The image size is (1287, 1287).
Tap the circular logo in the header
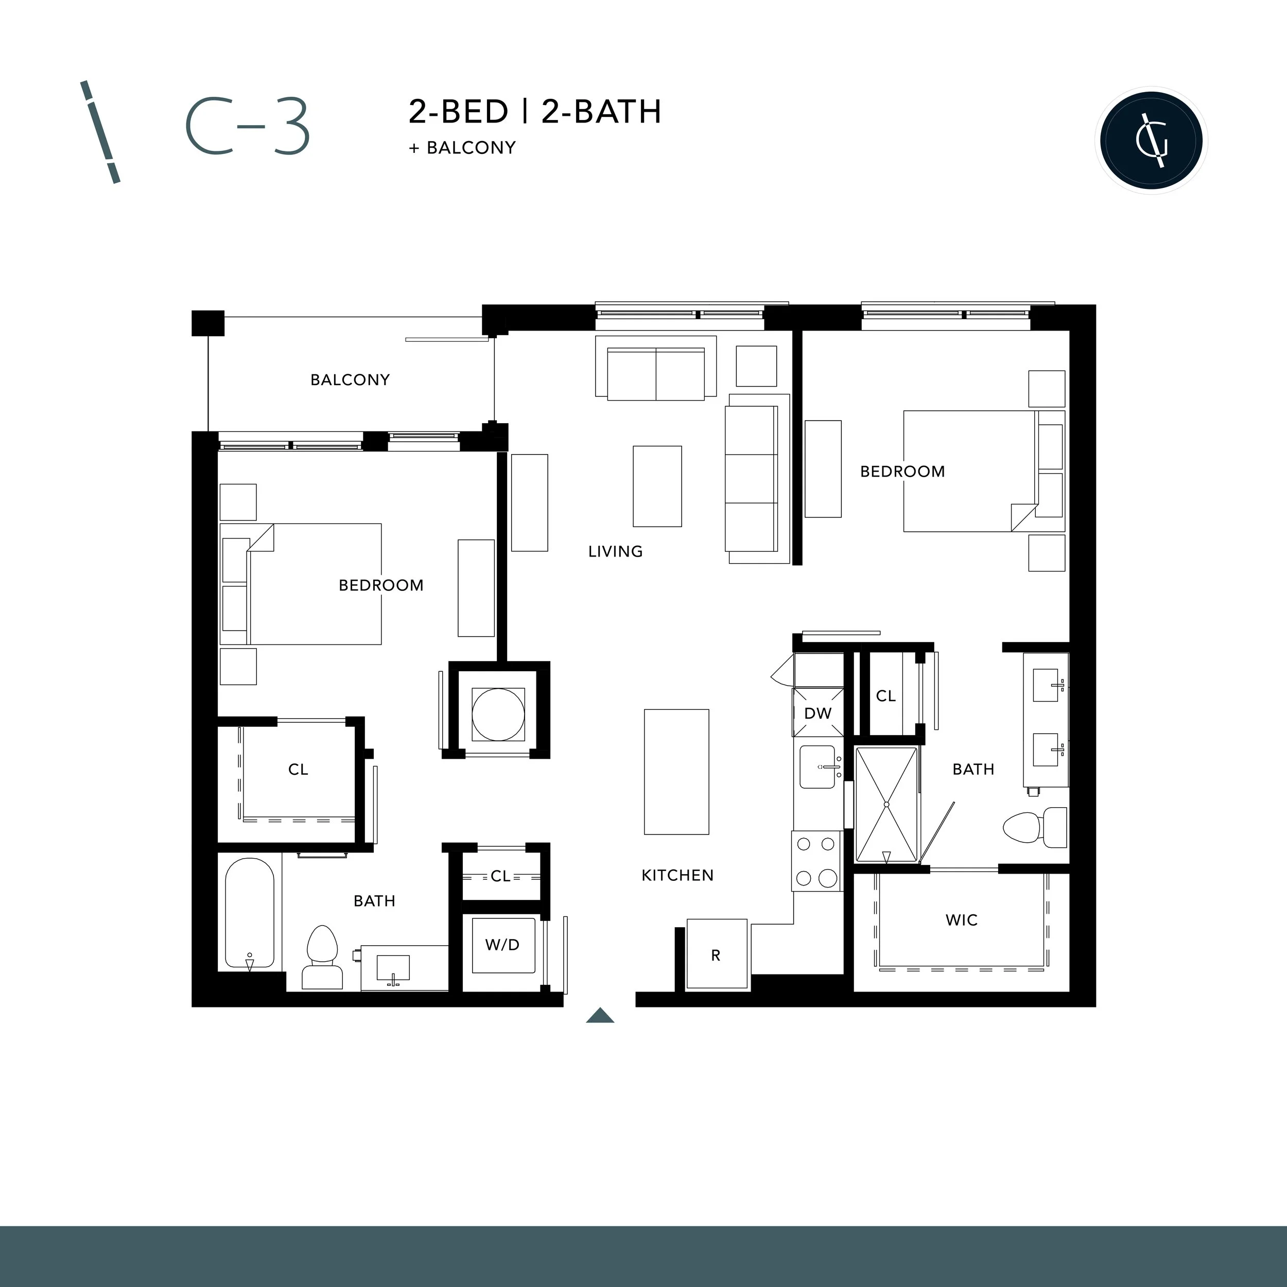(x=1151, y=141)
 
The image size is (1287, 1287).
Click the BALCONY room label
(x=350, y=380)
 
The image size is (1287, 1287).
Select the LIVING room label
(x=615, y=551)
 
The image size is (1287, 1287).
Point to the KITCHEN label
(x=677, y=875)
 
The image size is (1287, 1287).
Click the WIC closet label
(x=961, y=920)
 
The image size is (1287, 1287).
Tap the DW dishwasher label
(x=818, y=714)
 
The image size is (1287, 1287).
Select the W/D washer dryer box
(x=503, y=945)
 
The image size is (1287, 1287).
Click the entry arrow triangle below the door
(x=600, y=1015)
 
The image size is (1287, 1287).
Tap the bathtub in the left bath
(x=249, y=913)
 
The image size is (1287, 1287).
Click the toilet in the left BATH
(x=322, y=957)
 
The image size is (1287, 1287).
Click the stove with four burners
(x=816, y=861)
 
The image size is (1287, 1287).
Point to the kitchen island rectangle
(x=676, y=771)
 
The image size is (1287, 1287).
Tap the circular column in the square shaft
(x=498, y=714)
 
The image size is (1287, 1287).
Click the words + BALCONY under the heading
(x=462, y=148)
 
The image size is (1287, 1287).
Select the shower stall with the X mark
(x=886, y=805)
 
